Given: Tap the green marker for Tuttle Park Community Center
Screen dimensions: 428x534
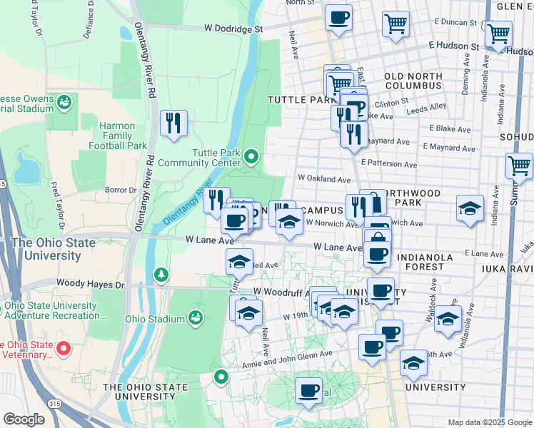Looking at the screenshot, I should click(251, 156).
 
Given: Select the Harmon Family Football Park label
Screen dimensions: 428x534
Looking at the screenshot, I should click(112, 136).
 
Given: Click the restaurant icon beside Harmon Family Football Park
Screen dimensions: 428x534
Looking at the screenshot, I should click(173, 124).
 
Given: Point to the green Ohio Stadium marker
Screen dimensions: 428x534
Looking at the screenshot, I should click(195, 317).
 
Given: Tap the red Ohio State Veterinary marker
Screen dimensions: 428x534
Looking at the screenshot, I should click(63, 348).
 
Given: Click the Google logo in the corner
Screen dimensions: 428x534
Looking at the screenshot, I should click(24, 419).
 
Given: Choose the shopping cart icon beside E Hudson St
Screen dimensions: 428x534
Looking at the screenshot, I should click(498, 33).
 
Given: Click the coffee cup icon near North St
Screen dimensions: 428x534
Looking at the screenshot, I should click(338, 17).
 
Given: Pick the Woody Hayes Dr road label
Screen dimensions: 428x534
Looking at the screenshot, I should click(90, 284).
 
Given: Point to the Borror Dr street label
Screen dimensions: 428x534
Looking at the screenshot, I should click(121, 190).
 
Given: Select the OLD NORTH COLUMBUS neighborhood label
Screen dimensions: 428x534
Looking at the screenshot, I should click(413, 81).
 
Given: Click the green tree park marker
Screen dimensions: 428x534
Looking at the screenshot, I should click(162, 274).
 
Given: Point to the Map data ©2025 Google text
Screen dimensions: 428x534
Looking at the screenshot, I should click(490, 422).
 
